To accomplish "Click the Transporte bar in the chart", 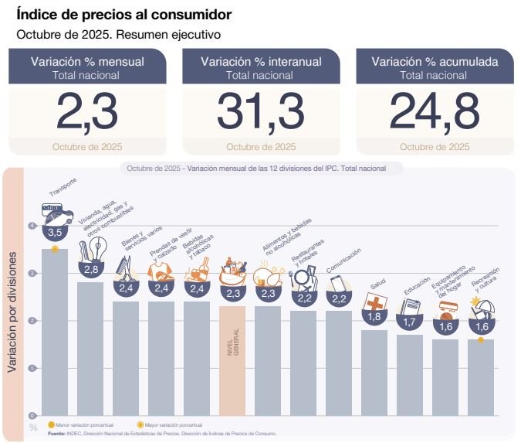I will [x=54, y=332].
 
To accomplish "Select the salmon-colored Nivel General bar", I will [x=232, y=360].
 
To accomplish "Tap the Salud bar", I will [x=374, y=372].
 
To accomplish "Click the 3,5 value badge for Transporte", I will [x=54, y=231].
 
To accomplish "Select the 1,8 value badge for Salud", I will [x=374, y=315].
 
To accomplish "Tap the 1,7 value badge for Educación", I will [x=410, y=321].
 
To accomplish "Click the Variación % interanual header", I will [x=261, y=62].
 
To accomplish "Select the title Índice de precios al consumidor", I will [x=124, y=15].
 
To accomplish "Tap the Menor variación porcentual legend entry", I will [x=81, y=425].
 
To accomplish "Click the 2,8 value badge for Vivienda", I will [x=91, y=269].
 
